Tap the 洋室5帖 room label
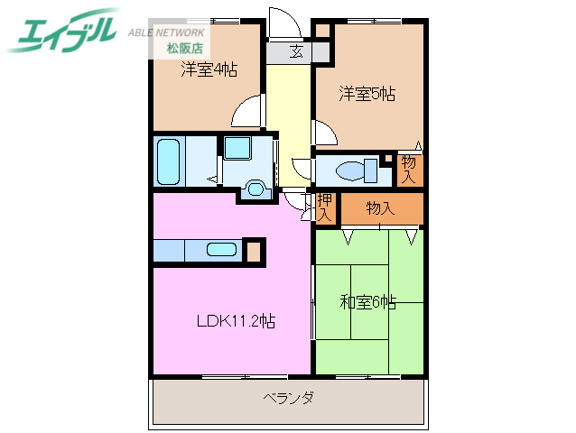pos(367,93)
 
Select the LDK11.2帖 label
pos(237,320)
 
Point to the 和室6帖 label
pos(367,302)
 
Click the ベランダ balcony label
pos(289,398)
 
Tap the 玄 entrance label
pos(296,52)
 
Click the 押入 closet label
pos(323,208)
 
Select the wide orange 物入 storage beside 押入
pos(380,208)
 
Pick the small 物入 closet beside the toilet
pos(409,168)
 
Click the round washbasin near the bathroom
pos(256,189)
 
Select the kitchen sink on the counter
pos(221,250)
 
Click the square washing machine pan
pos(239,149)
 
